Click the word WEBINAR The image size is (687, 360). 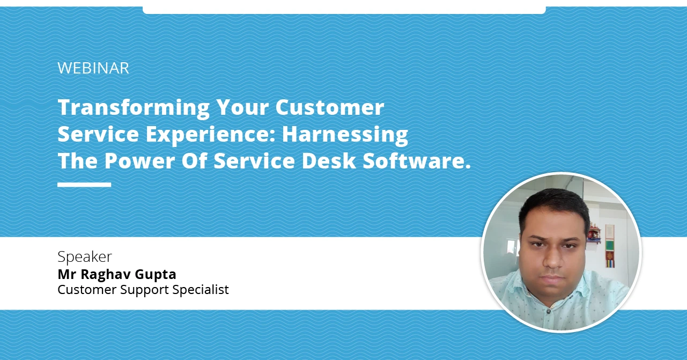[93, 68]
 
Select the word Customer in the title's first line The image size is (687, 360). [330, 107]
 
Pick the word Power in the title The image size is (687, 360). [139, 161]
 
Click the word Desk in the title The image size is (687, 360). [328, 161]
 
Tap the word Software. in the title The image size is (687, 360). [417, 161]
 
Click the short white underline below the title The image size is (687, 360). [84, 185]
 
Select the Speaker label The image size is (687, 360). [85, 256]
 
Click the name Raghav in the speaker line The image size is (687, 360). [105, 275]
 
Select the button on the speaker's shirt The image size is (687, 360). [549, 311]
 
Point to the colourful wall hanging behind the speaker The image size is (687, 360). [610, 246]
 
